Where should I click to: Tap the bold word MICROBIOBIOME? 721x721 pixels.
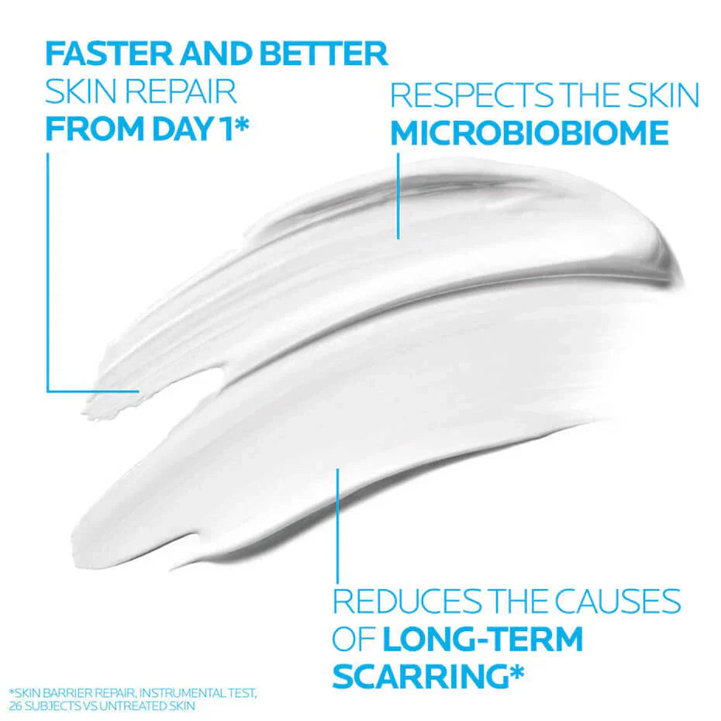pos(529,133)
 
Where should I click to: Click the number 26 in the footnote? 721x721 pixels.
pos(15,706)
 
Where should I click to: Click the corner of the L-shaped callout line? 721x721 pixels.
pos(48,391)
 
